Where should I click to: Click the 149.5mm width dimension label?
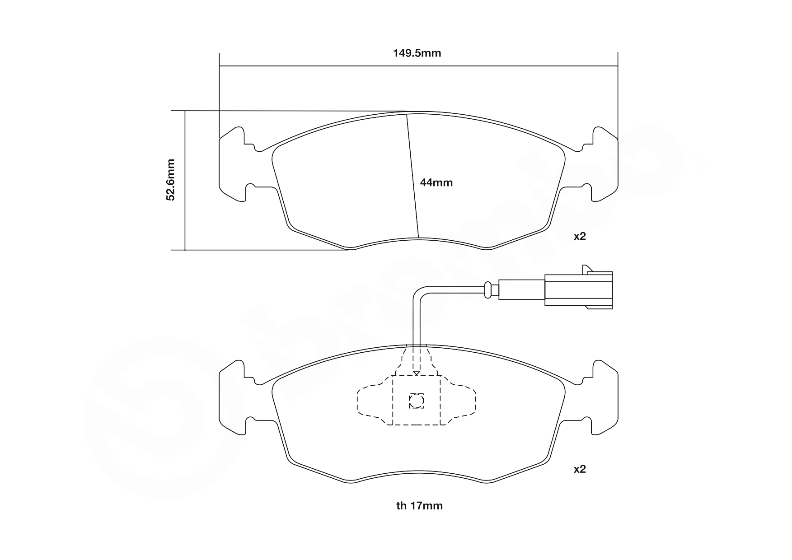pos(417,53)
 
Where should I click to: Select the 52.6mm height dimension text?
pos(170,180)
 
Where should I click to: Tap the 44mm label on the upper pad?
pos(436,183)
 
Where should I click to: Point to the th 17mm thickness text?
pos(419,506)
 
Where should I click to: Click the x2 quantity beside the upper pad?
pos(580,236)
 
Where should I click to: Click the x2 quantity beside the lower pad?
pos(580,469)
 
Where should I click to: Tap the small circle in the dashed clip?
pos(416,401)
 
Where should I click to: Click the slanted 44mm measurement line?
pos(412,176)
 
